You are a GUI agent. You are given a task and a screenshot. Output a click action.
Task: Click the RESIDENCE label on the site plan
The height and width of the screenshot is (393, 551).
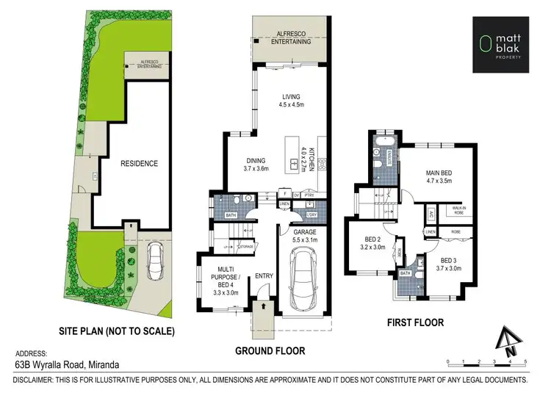[140, 163]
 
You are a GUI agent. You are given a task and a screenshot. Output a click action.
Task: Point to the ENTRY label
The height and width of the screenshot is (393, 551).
[263, 276]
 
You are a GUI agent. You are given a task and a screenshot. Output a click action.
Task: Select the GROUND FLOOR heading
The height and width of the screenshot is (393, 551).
[270, 350]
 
